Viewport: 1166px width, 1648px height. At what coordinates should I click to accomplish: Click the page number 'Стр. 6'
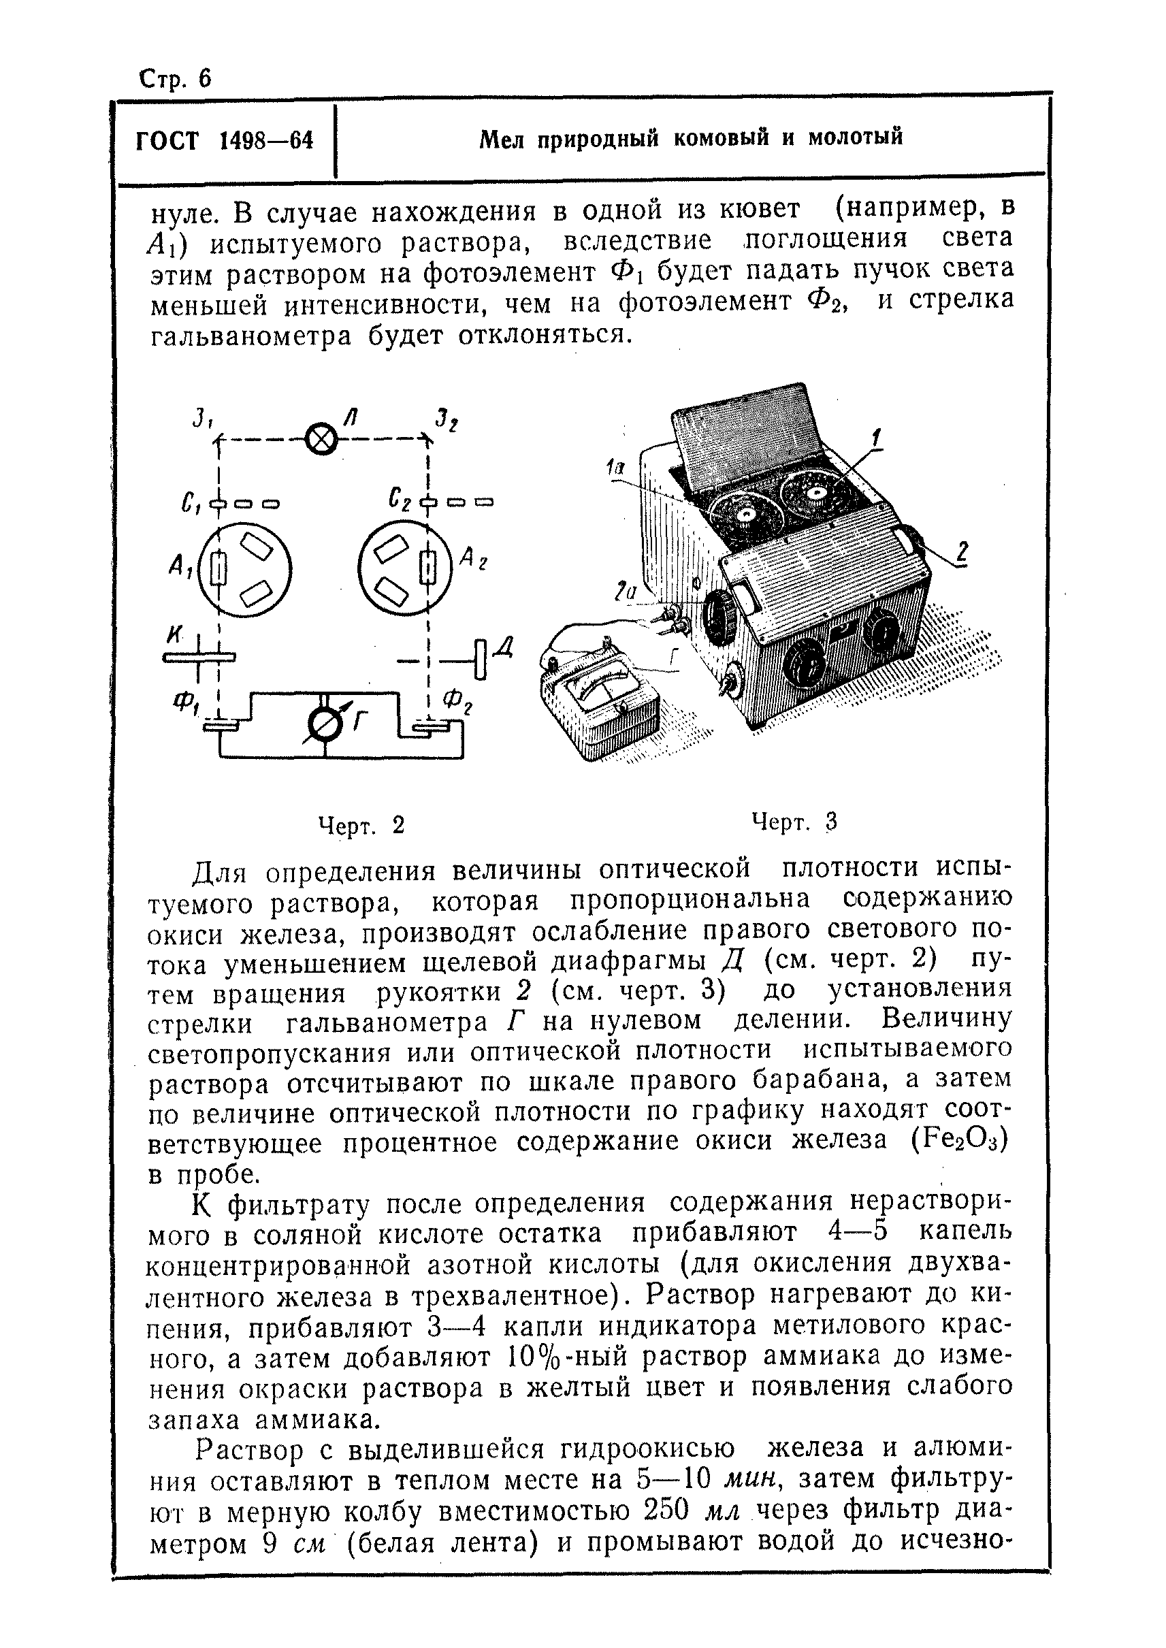(175, 78)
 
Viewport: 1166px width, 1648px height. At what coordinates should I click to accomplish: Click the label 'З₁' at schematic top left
(200, 418)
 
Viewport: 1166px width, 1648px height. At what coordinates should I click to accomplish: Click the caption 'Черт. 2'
(361, 826)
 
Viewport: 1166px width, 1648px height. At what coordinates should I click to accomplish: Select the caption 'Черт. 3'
(794, 822)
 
